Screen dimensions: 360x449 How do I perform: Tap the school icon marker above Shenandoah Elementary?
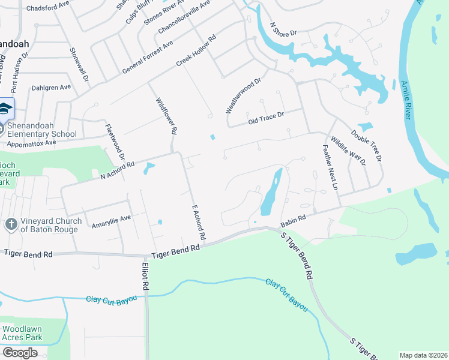[x=5, y=109]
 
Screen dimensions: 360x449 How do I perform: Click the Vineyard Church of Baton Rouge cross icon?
[x=10, y=224]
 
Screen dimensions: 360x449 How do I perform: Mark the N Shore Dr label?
[x=284, y=29]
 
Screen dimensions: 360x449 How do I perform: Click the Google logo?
[x=20, y=353]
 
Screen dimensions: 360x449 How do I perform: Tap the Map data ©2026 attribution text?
[x=423, y=355]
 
